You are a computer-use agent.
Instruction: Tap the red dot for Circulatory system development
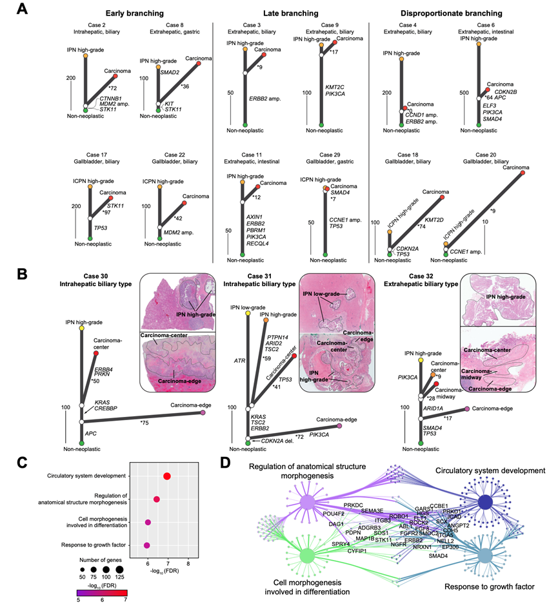point(167,476)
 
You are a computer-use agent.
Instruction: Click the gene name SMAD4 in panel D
point(438,555)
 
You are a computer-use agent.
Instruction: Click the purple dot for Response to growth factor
point(147,545)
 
